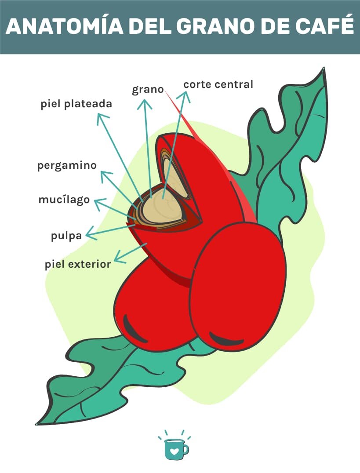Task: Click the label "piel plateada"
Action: click(x=76, y=104)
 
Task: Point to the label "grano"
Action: click(x=148, y=90)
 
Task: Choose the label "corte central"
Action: click(x=218, y=84)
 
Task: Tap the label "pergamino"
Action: click(x=67, y=166)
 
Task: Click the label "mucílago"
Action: click(x=64, y=200)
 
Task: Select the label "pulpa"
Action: click(x=66, y=236)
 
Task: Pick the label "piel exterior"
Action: click(x=78, y=265)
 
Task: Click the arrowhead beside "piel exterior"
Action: click(x=118, y=257)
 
